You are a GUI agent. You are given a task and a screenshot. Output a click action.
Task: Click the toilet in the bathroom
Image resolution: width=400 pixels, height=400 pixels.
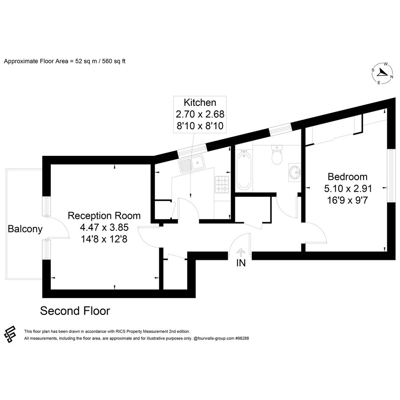(x=277, y=154)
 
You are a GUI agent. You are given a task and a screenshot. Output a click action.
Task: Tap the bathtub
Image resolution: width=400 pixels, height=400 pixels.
(x=244, y=170)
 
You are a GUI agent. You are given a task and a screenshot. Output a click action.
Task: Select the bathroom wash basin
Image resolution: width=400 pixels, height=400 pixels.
(x=295, y=172)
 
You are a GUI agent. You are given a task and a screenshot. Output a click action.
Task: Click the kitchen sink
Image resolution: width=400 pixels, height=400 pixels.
(x=191, y=164)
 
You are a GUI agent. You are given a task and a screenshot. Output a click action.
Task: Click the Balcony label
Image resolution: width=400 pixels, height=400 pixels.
(x=25, y=229)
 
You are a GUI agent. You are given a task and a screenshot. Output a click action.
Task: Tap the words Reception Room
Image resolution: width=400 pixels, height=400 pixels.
(x=104, y=216)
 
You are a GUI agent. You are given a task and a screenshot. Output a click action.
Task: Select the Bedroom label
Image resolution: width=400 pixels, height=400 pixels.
(x=348, y=177)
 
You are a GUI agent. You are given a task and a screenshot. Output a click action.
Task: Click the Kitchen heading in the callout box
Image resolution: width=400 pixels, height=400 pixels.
(x=200, y=102)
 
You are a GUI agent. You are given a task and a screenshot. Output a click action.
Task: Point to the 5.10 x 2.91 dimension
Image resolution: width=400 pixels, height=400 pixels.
(x=348, y=188)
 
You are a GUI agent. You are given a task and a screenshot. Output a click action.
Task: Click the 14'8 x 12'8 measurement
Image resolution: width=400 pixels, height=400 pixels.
(x=104, y=239)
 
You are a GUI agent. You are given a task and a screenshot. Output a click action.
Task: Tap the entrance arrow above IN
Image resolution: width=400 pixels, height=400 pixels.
(x=241, y=253)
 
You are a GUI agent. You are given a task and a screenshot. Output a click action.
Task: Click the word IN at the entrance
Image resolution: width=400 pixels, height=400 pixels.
(x=241, y=263)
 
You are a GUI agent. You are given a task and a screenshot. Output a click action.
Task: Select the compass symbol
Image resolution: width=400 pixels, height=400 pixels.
(x=382, y=73)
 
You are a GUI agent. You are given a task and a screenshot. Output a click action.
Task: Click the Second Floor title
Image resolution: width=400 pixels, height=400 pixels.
(x=75, y=311)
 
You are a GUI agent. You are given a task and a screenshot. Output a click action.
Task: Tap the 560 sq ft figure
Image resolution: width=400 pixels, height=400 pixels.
(x=114, y=61)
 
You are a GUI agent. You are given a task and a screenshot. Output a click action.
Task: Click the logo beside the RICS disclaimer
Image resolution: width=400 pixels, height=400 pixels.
(x=10, y=334)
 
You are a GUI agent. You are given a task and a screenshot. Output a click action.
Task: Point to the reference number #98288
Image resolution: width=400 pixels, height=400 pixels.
(x=242, y=338)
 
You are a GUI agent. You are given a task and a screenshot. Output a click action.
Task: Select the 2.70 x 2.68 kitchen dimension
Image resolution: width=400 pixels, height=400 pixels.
(x=200, y=114)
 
